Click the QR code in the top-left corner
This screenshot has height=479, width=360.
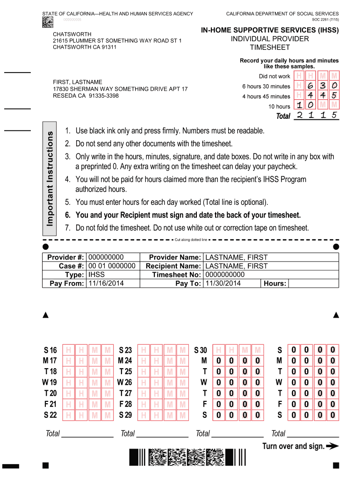pyautogui.click(x=48, y=22)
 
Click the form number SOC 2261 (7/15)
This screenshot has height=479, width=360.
pyautogui.click(x=325, y=20)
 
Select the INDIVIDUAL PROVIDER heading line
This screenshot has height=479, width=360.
pyautogui.click(x=270, y=39)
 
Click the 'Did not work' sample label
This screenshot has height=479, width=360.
pyautogui.click(x=274, y=76)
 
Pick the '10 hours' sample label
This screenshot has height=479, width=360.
pyautogui.click(x=279, y=106)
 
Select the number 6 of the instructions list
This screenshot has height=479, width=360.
pyautogui.click(x=67, y=215)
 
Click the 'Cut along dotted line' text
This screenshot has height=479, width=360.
pyautogui.click(x=190, y=239)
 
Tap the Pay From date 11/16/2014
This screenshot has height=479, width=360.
pyautogui.click(x=104, y=283)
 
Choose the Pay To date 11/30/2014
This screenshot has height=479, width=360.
pyautogui.click(x=223, y=283)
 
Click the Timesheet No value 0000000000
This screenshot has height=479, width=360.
pyautogui.click(x=225, y=275)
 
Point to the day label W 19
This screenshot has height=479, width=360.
pyautogui.click(x=49, y=382)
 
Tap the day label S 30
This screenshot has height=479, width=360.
pyautogui.click(x=200, y=350)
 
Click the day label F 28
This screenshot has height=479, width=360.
pyautogui.click(x=125, y=404)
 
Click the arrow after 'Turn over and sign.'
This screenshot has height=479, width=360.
pyautogui.click(x=332, y=446)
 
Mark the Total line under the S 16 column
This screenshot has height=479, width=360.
pyautogui.click(x=87, y=434)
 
